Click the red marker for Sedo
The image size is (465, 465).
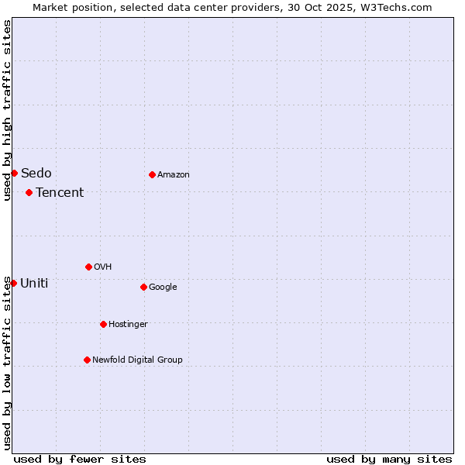point(14,173)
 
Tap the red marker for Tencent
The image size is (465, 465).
point(29,192)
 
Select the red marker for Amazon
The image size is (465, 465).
point(152,174)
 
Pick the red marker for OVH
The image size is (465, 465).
point(88,267)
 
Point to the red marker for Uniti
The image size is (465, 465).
point(13,283)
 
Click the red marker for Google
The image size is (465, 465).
point(143,287)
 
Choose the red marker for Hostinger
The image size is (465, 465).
point(103,324)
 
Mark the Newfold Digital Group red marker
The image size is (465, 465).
point(87,360)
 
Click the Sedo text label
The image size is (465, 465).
point(36,173)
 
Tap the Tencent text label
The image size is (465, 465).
point(60,192)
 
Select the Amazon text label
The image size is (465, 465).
point(174,174)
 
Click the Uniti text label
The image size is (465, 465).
point(34,283)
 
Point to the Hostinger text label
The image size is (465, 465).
point(128,324)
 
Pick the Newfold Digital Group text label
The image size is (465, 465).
point(137,360)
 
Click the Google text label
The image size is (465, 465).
point(163,287)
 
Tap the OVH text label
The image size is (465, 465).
point(102,267)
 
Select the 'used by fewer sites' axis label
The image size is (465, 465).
point(80,459)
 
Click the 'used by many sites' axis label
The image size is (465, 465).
point(389,459)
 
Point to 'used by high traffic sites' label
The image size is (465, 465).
point(7,110)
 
